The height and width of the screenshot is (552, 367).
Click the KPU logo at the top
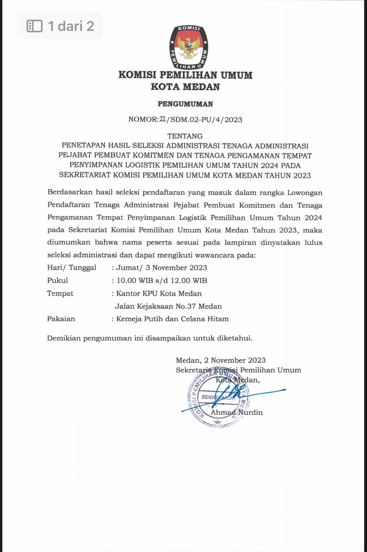click(188, 47)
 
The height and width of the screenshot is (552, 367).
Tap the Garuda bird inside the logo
click(188, 47)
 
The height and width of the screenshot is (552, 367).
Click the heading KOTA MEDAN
click(185, 87)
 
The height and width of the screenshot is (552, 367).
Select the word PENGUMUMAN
click(185, 104)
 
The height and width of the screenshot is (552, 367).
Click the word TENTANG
click(185, 136)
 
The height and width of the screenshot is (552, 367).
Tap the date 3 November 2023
click(180, 268)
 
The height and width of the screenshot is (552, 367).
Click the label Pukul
click(58, 280)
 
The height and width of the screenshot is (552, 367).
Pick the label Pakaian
click(61, 319)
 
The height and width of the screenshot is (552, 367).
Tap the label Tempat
click(60, 294)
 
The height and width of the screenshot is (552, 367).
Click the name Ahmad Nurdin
click(237, 412)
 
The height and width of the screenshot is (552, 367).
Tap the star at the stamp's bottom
click(217, 422)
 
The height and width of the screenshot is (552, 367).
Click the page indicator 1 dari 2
click(60, 26)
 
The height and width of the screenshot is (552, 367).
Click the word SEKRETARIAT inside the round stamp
click(218, 397)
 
